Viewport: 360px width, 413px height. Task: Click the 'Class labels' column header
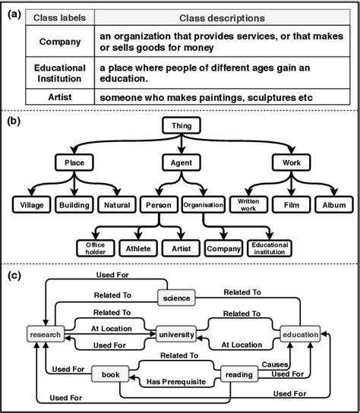pos(60,17)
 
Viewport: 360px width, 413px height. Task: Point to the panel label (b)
pos(13,119)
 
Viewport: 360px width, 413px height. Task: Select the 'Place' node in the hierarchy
pos(74,162)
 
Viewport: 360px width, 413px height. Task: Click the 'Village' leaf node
pos(31,204)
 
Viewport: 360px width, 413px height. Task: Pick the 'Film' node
pos(291,204)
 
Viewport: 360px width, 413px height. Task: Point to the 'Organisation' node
pos(203,204)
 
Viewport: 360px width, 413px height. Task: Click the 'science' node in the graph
pos(175,298)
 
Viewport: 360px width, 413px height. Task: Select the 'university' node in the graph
pos(175,334)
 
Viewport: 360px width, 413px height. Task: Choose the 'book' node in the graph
pos(108,374)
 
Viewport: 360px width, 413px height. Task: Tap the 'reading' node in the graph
pos(238,374)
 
